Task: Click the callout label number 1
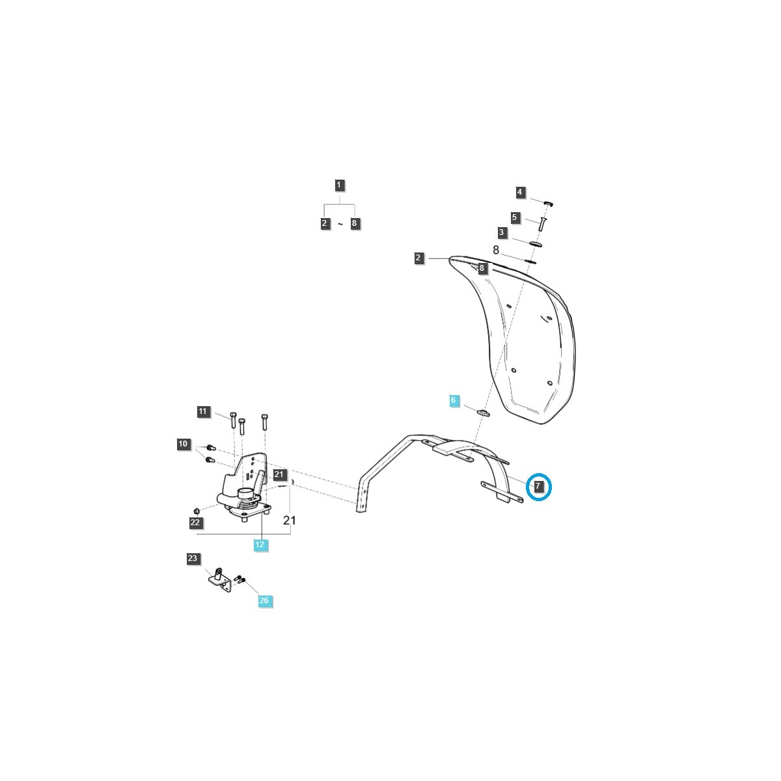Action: pos(338,185)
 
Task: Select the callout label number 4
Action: pos(520,192)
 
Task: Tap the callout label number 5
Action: pos(515,217)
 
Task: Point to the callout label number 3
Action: pos(501,232)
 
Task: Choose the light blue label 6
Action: pos(454,400)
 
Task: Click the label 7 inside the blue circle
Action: pos(538,486)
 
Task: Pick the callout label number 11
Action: pos(202,411)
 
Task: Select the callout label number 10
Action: pos(183,445)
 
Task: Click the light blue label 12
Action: pos(260,545)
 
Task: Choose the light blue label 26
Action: pos(264,601)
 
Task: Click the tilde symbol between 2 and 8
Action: pos(340,224)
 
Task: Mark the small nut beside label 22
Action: pos(197,509)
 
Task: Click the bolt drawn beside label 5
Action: pos(541,223)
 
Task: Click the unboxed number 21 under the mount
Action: pos(290,520)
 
